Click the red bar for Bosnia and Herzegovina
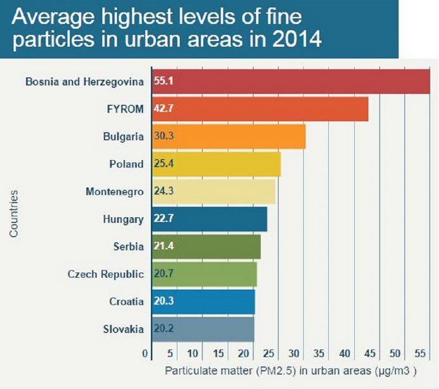coord(291,81)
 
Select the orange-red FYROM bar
coord(260,109)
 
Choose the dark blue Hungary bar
coord(210,219)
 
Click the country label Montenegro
coord(115,191)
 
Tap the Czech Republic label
coord(106,274)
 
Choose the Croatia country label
coord(124,301)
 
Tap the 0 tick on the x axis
coord(146,353)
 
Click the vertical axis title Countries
coord(13,213)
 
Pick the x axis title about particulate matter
coord(291,369)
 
